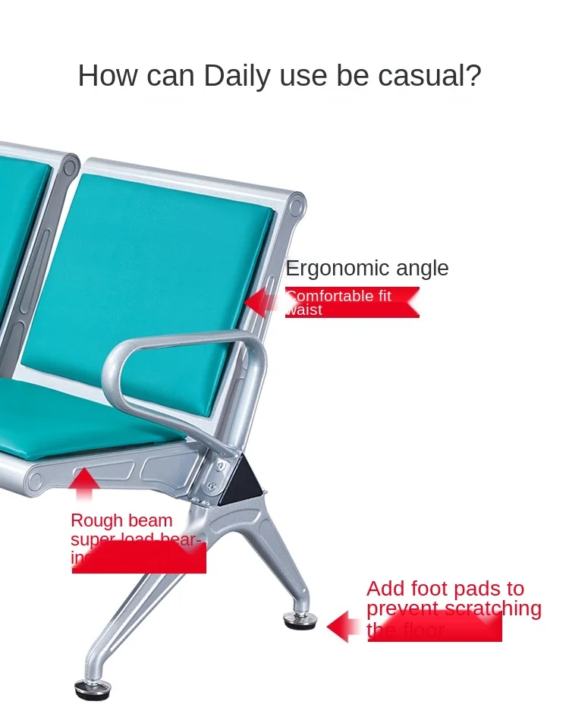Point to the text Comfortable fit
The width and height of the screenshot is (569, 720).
339,296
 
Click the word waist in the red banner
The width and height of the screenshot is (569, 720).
304,310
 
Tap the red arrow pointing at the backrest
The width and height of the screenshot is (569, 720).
262,302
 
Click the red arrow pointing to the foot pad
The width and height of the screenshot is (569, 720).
345,627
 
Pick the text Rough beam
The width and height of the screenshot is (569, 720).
121,520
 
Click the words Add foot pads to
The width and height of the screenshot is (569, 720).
445,589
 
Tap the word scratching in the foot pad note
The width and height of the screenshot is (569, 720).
492,608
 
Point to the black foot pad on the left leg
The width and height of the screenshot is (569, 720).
93,690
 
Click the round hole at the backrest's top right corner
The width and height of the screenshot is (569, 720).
297,203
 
